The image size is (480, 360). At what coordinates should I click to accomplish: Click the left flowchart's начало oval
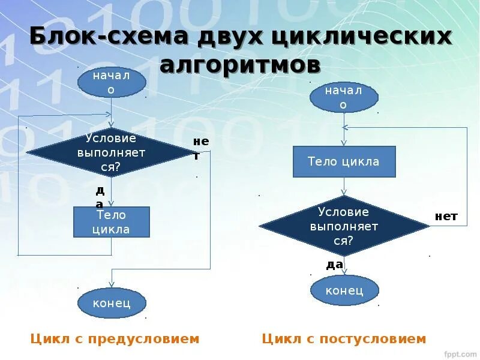(112, 83)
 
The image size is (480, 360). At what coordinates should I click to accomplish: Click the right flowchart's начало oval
(344, 97)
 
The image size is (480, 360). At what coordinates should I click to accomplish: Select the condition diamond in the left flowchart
(111, 152)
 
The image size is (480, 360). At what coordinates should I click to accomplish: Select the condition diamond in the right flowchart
(343, 226)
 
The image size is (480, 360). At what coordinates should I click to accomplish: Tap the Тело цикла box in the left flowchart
(111, 222)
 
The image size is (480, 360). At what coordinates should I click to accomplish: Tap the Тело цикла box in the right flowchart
(344, 161)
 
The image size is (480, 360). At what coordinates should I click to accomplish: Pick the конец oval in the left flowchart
(112, 302)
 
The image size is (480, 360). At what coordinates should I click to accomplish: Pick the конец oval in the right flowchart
(344, 290)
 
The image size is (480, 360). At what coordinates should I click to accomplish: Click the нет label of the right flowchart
(446, 217)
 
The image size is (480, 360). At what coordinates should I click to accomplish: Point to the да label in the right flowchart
(334, 264)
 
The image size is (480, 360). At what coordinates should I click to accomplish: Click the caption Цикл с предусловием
(115, 339)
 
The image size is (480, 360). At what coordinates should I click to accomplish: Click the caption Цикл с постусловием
(344, 339)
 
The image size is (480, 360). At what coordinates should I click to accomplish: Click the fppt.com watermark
(459, 354)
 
